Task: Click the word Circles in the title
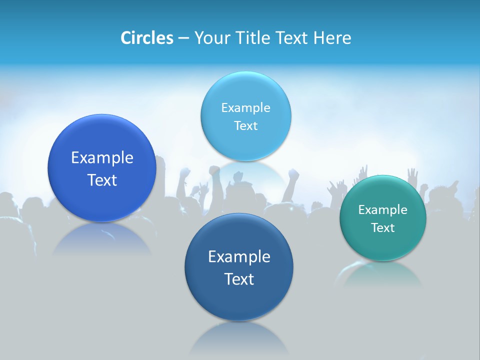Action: point(146,38)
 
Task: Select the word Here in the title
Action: point(332,38)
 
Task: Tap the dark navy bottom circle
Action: point(239,300)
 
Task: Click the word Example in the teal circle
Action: point(383,209)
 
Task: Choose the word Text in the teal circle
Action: point(383,228)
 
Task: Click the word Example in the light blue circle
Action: point(245,107)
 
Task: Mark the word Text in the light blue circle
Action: point(245,126)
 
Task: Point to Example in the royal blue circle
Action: point(102,158)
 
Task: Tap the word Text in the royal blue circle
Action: point(102,180)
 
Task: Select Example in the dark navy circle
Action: point(239,257)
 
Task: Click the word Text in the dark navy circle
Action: point(239,279)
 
